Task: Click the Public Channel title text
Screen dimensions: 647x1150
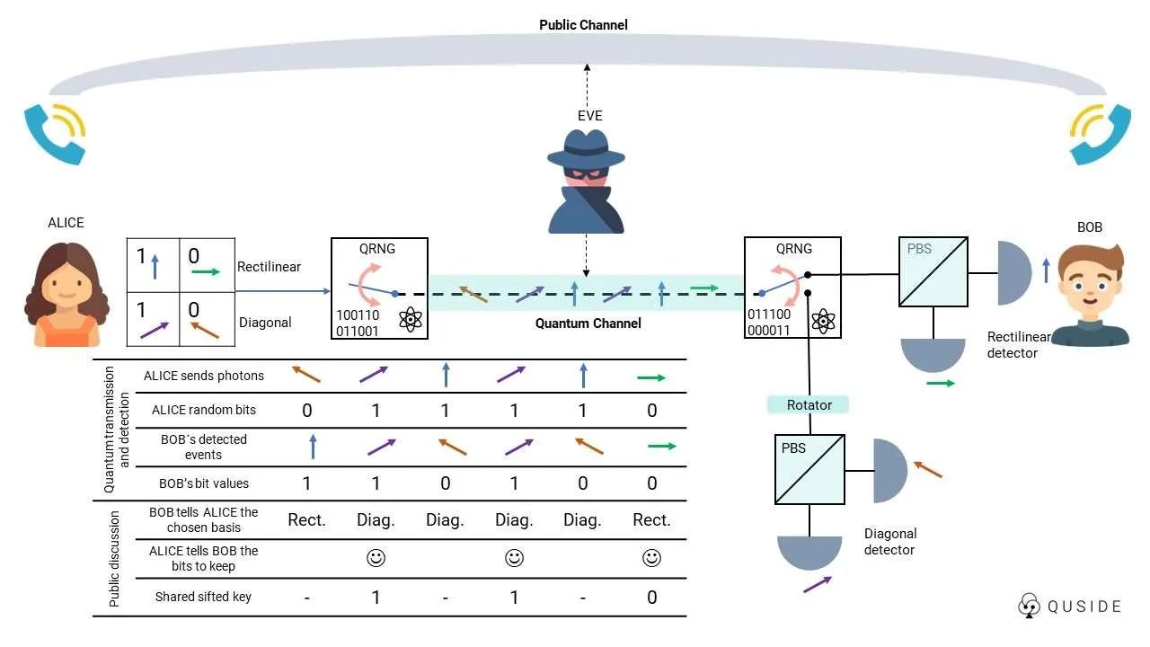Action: point(583,25)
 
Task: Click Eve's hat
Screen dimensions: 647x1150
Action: point(587,147)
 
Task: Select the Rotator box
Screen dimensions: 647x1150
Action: point(809,405)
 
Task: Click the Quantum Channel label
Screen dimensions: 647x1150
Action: point(588,323)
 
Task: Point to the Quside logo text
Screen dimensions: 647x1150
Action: point(1084,607)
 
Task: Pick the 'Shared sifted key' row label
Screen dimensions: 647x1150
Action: point(203,597)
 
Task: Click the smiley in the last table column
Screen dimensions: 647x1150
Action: point(651,558)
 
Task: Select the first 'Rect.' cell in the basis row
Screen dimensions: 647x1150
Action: point(306,520)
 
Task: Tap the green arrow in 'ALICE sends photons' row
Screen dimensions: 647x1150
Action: point(650,377)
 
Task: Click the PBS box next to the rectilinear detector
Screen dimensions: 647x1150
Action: point(933,270)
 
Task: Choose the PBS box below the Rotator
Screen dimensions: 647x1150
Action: point(809,469)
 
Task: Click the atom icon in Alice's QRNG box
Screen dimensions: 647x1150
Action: point(411,319)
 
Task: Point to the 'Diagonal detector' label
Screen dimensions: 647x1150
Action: point(889,542)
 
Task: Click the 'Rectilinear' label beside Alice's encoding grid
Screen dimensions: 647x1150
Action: point(269,267)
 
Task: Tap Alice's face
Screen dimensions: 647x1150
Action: point(66,284)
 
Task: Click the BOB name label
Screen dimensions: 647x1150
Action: point(1089,227)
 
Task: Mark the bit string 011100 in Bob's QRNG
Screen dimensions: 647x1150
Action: point(769,315)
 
